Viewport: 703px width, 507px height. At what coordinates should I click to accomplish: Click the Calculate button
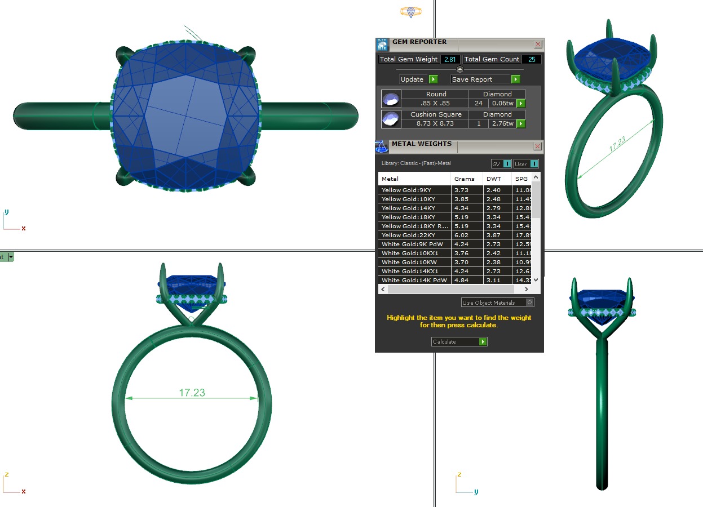coord(459,342)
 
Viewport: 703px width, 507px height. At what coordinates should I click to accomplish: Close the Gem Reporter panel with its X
coord(538,44)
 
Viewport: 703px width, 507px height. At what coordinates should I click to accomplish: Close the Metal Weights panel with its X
coord(538,146)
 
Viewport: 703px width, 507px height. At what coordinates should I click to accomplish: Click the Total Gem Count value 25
coord(530,59)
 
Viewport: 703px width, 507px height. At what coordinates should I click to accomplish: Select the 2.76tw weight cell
coord(501,123)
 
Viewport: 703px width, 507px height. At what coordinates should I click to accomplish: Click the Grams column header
coord(464,179)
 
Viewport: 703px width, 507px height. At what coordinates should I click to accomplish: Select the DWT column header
coord(493,179)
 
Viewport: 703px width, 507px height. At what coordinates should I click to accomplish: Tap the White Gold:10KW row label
coord(406,262)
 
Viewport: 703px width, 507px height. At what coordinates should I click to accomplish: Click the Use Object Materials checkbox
coord(529,303)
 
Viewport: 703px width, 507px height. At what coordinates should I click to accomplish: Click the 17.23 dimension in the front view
coord(192,393)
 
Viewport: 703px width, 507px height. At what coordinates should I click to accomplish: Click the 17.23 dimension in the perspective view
coord(617,145)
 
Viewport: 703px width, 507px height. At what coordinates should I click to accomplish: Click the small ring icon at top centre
coord(411,11)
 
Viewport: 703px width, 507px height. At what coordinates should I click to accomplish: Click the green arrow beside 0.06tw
coord(521,104)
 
